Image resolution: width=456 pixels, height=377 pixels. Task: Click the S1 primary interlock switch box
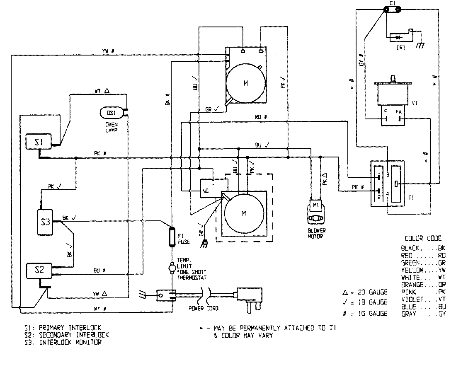(38, 142)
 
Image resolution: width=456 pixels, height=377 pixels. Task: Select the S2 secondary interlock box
(39, 270)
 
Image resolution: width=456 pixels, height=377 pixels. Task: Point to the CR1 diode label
(401, 48)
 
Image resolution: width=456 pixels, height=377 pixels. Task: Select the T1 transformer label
(411, 198)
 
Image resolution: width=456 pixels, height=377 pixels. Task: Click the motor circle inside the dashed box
(243, 213)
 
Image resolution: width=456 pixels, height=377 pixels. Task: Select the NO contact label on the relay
(205, 191)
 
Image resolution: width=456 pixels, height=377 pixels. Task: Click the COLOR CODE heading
(423, 238)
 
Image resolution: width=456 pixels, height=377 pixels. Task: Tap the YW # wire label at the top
(108, 51)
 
